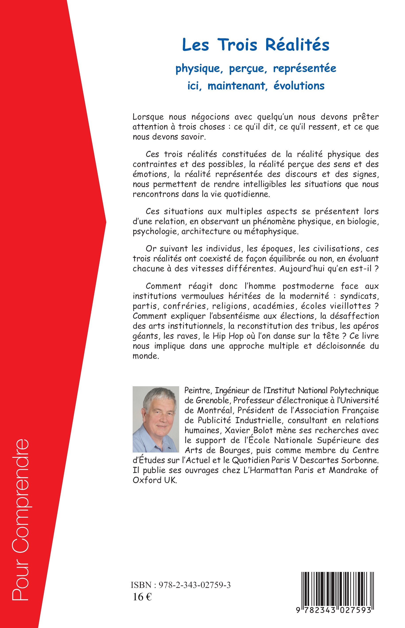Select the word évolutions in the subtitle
pyautogui.click(x=299, y=86)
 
